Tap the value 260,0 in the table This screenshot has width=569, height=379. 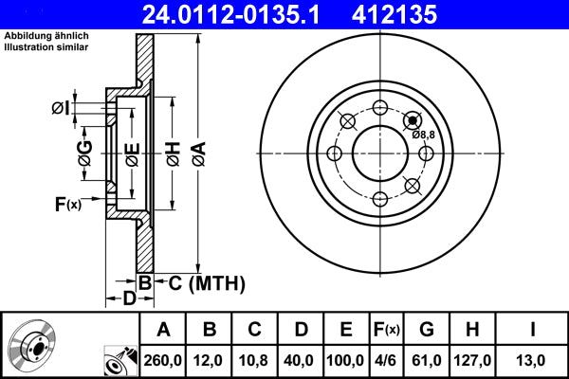coord(163,360)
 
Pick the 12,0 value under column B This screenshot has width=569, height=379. coord(211,360)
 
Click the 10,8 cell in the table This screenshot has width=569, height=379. coord(255,360)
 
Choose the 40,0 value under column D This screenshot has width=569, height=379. coord(301,360)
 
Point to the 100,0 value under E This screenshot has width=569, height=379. coord(346,360)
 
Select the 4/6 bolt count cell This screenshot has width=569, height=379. coord(387,360)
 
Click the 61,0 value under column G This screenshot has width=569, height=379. coord(427,360)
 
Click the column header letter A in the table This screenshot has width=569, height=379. coord(163,330)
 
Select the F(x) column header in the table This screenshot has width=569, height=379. coord(387,330)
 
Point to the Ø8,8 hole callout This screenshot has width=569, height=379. coord(423,135)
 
